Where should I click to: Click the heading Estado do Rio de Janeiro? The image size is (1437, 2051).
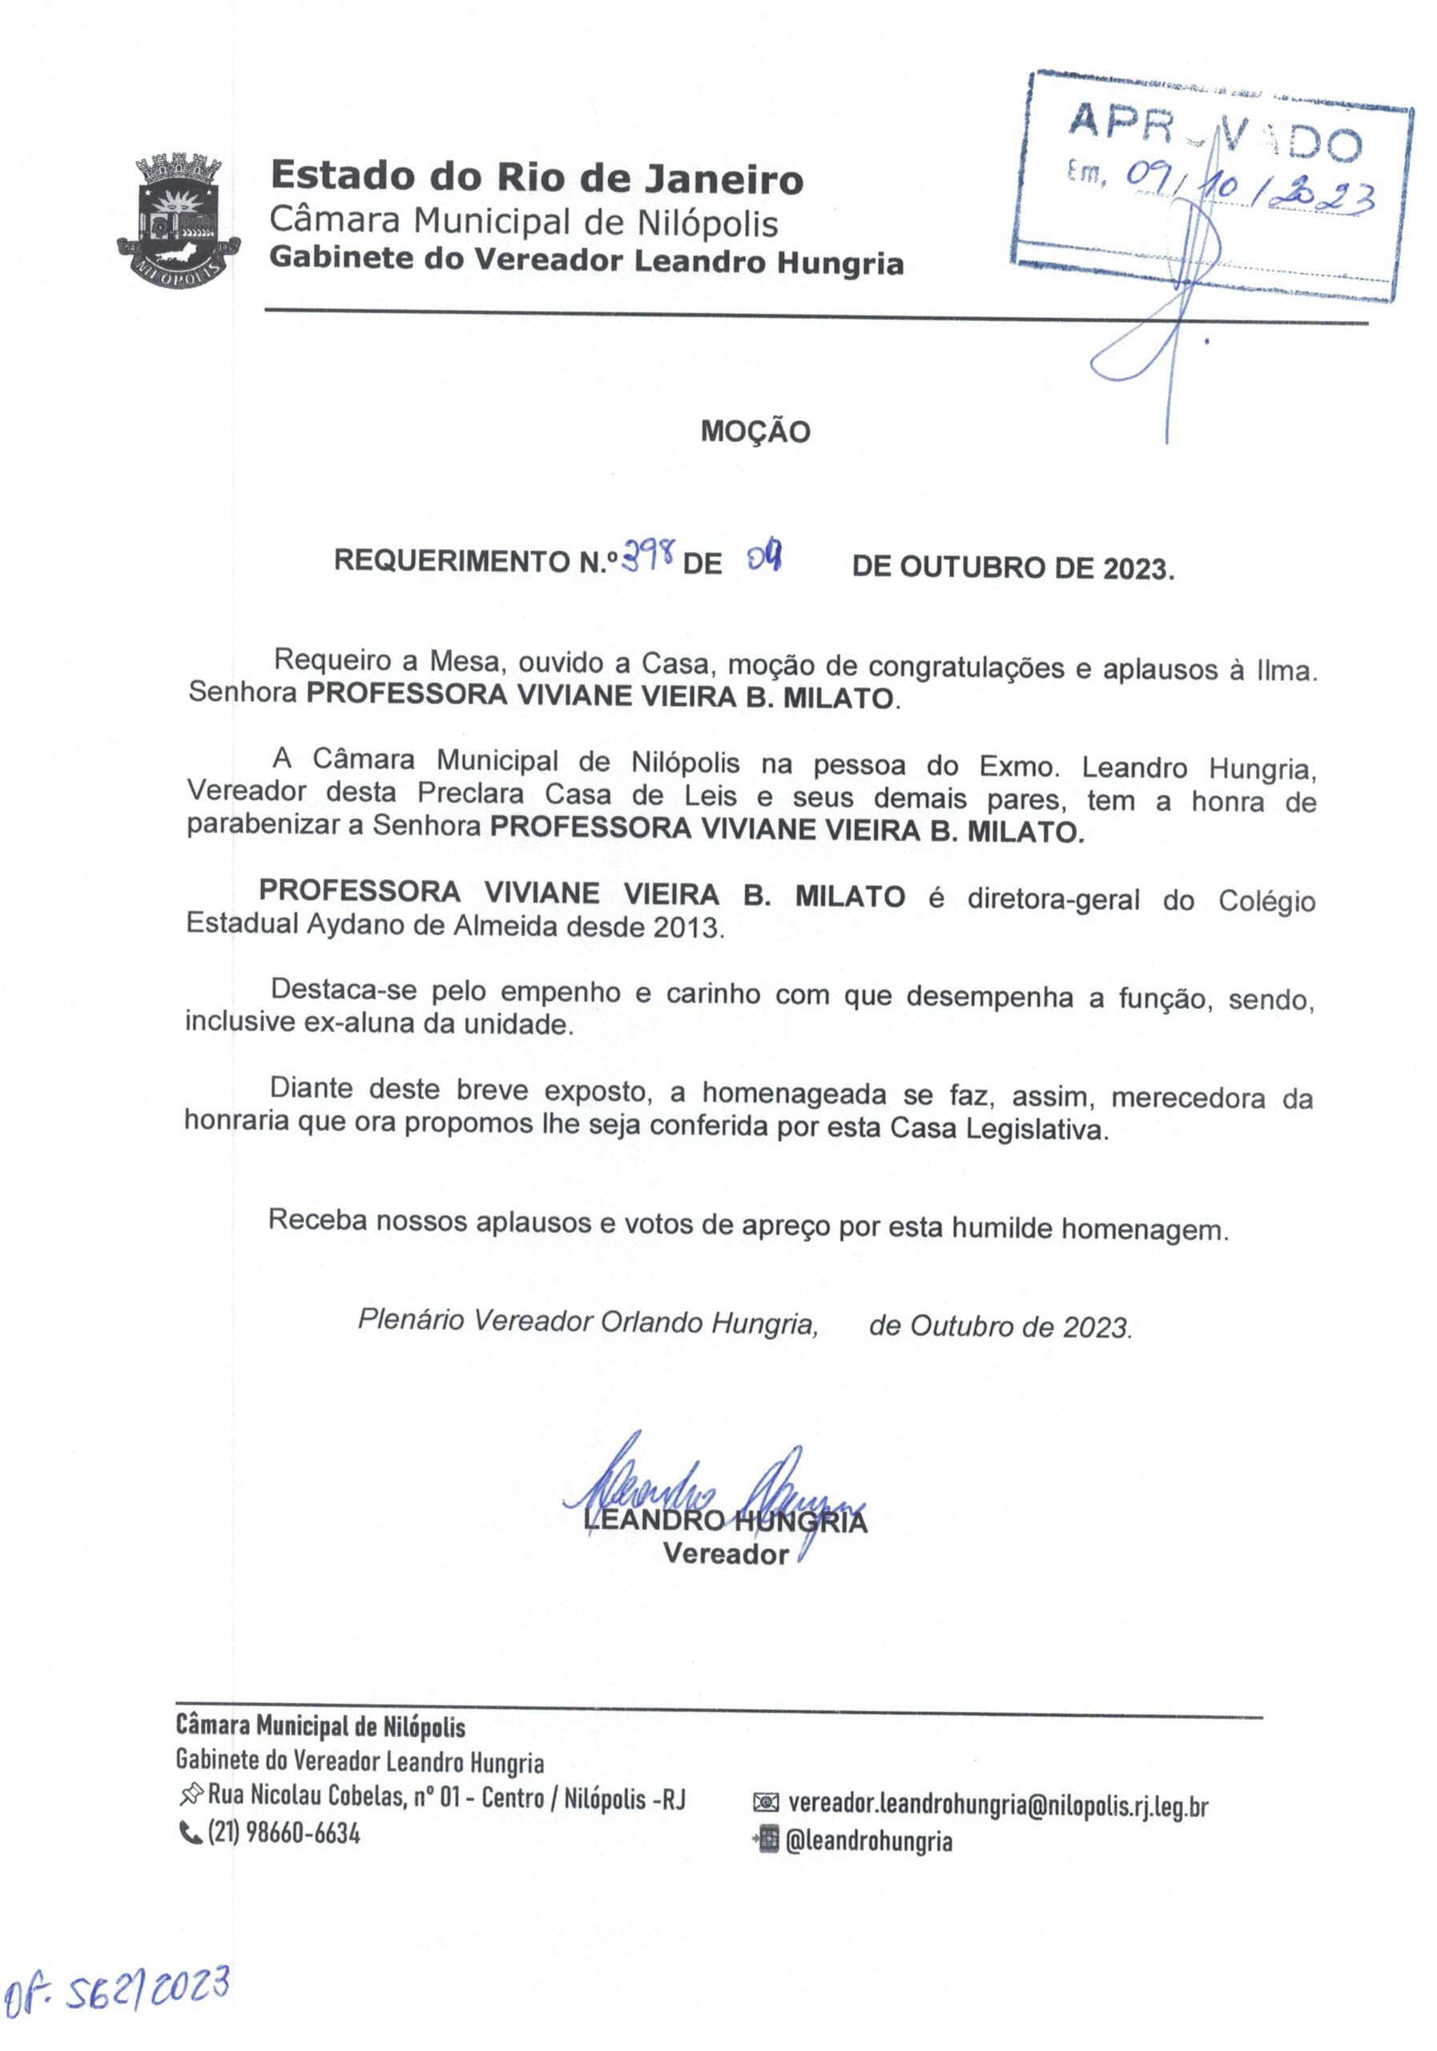pyautogui.click(x=536, y=177)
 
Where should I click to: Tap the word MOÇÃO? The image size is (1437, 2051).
pyautogui.click(x=755, y=433)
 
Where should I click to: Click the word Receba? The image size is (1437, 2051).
pyautogui.click(x=318, y=1220)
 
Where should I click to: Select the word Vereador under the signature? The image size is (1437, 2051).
pyautogui.click(x=725, y=1554)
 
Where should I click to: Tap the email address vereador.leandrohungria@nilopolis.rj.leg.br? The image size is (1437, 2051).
pyautogui.click(x=997, y=1805)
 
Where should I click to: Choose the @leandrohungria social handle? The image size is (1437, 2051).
pyautogui.click(x=868, y=1841)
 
